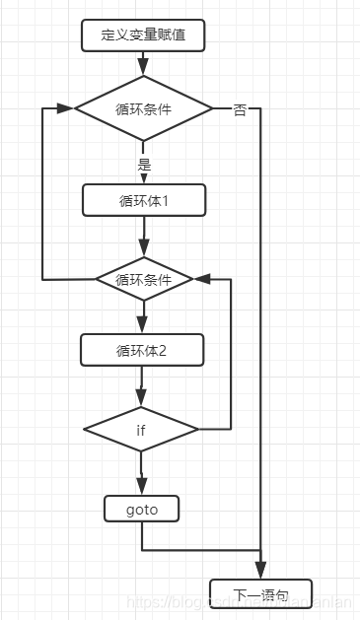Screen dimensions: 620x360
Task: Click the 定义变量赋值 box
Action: click(x=144, y=36)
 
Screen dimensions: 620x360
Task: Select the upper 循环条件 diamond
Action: click(x=144, y=108)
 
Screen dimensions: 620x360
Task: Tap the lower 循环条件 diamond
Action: click(x=144, y=279)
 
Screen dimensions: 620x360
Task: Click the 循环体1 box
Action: click(x=144, y=200)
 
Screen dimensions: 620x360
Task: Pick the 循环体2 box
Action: click(x=144, y=349)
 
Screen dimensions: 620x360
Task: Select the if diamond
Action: click(x=141, y=429)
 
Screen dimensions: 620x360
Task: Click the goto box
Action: click(x=142, y=509)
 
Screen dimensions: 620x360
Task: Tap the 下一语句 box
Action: click(x=260, y=594)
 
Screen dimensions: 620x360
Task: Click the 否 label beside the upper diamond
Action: click(x=240, y=110)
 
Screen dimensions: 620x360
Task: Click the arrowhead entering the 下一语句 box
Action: click(x=260, y=572)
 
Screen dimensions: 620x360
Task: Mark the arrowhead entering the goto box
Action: click(x=142, y=487)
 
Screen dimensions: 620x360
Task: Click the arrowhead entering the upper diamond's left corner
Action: click(x=68, y=108)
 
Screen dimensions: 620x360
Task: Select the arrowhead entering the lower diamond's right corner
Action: click(x=202, y=279)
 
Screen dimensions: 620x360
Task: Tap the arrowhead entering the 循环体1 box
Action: click(x=144, y=178)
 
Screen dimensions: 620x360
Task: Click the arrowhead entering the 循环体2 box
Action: click(x=144, y=327)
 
